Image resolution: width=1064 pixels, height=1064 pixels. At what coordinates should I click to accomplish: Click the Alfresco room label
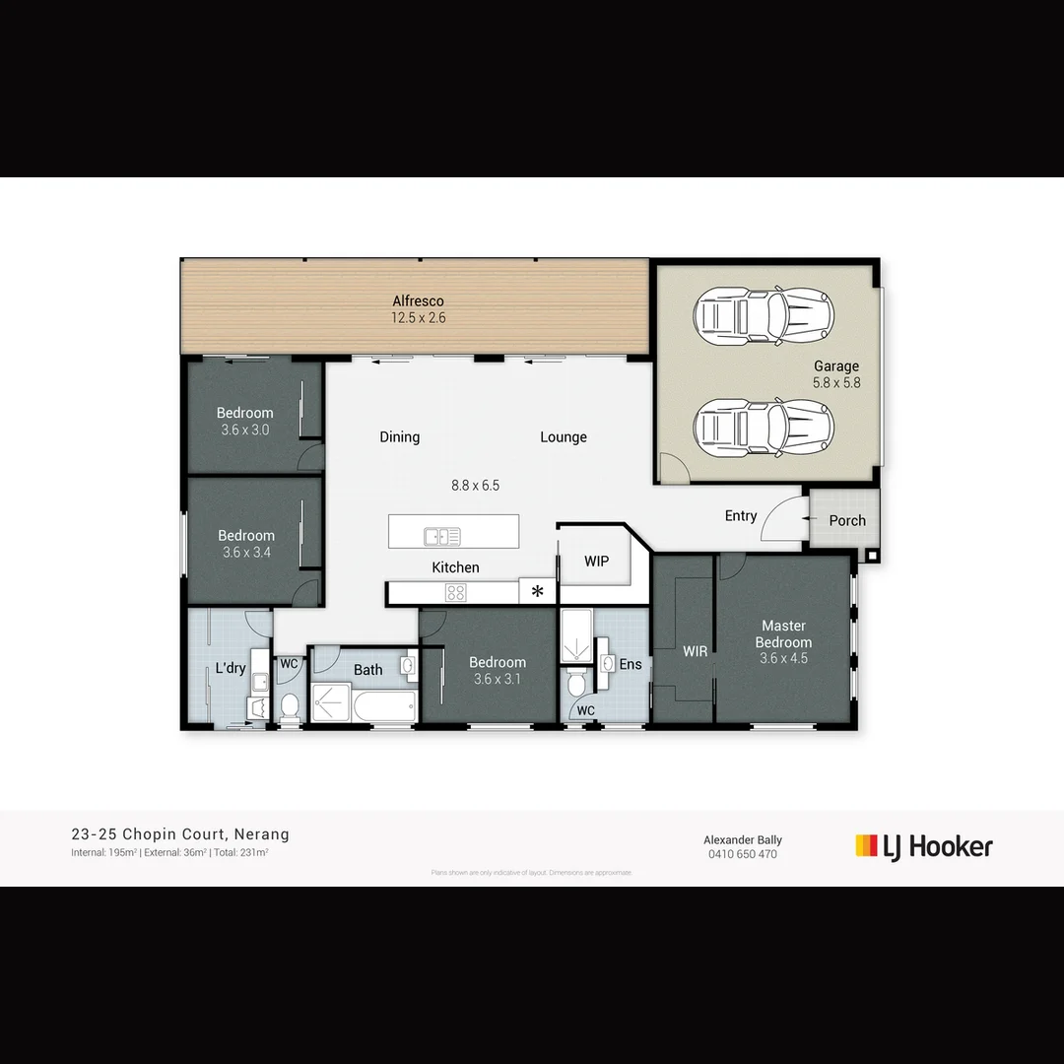pyautogui.click(x=418, y=301)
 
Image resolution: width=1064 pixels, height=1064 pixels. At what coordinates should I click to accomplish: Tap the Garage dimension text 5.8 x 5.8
pyautogui.click(x=836, y=382)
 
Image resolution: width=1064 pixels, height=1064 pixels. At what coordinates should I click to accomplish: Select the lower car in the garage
pyautogui.click(x=764, y=426)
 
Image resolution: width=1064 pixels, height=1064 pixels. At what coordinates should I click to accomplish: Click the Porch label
pyautogui.click(x=847, y=520)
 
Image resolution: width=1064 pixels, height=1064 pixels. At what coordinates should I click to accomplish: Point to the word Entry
pyautogui.click(x=741, y=515)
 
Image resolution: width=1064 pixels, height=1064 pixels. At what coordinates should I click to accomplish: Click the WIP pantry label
pyautogui.click(x=596, y=562)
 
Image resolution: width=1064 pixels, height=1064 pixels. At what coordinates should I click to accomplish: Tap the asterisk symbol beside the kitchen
pyautogui.click(x=538, y=592)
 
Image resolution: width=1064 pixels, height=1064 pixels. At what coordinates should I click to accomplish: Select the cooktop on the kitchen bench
pyautogui.click(x=455, y=592)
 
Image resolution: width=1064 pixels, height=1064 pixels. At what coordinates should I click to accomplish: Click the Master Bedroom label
pyautogui.click(x=783, y=633)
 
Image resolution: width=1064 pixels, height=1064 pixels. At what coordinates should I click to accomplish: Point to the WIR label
pyautogui.click(x=696, y=651)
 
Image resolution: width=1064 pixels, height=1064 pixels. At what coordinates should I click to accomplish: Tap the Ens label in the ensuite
pyautogui.click(x=631, y=664)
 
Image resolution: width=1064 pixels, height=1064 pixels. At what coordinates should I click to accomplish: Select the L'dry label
pyautogui.click(x=231, y=668)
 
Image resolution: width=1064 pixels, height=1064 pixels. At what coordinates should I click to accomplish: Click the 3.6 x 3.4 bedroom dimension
pyautogui.click(x=246, y=553)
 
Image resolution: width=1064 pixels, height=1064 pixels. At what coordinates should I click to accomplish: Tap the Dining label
pyautogui.click(x=399, y=436)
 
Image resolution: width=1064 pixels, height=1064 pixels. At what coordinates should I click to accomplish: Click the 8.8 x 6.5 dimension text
pyautogui.click(x=475, y=485)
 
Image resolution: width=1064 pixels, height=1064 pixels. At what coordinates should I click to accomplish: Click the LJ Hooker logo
pyautogui.click(x=924, y=846)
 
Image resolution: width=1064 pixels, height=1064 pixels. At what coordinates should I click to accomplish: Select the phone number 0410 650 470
pyautogui.click(x=743, y=854)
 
